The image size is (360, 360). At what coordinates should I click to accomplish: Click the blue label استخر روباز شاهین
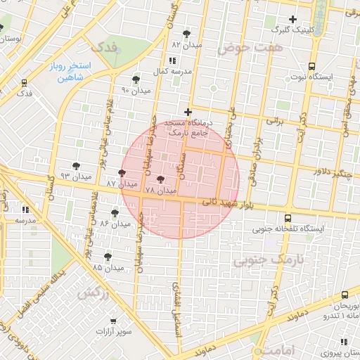pyautogui.click(x=67, y=72)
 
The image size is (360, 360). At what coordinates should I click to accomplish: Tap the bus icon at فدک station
pyautogui.click(x=25, y=82)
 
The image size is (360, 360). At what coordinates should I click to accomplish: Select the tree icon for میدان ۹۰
pyautogui.click(x=136, y=79)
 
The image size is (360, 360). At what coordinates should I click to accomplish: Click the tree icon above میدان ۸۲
pyautogui.click(x=186, y=34)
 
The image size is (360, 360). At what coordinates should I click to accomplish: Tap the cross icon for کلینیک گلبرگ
pyautogui.click(x=292, y=19)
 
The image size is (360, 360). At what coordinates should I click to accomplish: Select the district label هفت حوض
pyautogui.click(x=240, y=48)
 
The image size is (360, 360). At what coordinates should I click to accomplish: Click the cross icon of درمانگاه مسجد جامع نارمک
pyautogui.click(x=188, y=112)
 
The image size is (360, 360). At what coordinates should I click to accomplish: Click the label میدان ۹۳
pyautogui.click(x=76, y=175)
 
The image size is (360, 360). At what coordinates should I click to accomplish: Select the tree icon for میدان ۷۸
pyautogui.click(x=160, y=180)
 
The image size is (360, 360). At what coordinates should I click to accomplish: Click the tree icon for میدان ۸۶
pyautogui.click(x=115, y=213)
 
